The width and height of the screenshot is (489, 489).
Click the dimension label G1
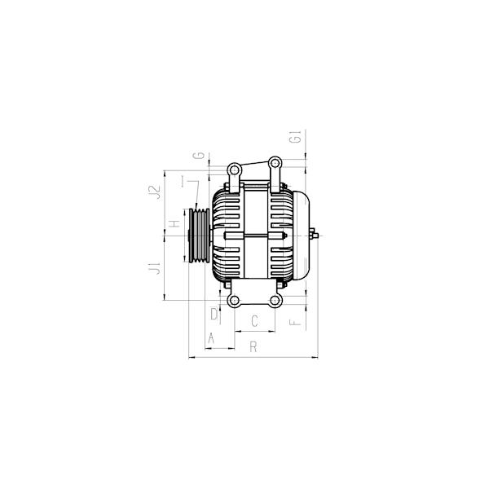click(x=296, y=137)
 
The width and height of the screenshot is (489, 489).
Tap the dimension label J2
click(x=154, y=192)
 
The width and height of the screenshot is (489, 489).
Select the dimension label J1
click(x=155, y=268)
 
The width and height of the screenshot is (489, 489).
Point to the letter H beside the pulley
click(x=174, y=223)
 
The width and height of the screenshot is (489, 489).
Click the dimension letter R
click(x=253, y=346)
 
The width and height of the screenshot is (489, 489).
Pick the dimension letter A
click(x=211, y=338)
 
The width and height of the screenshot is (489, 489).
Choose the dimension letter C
click(x=254, y=321)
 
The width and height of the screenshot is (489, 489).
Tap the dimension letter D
click(x=214, y=314)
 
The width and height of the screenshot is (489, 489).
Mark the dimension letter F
click(x=295, y=322)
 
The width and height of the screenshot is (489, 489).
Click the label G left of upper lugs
click(x=199, y=155)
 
